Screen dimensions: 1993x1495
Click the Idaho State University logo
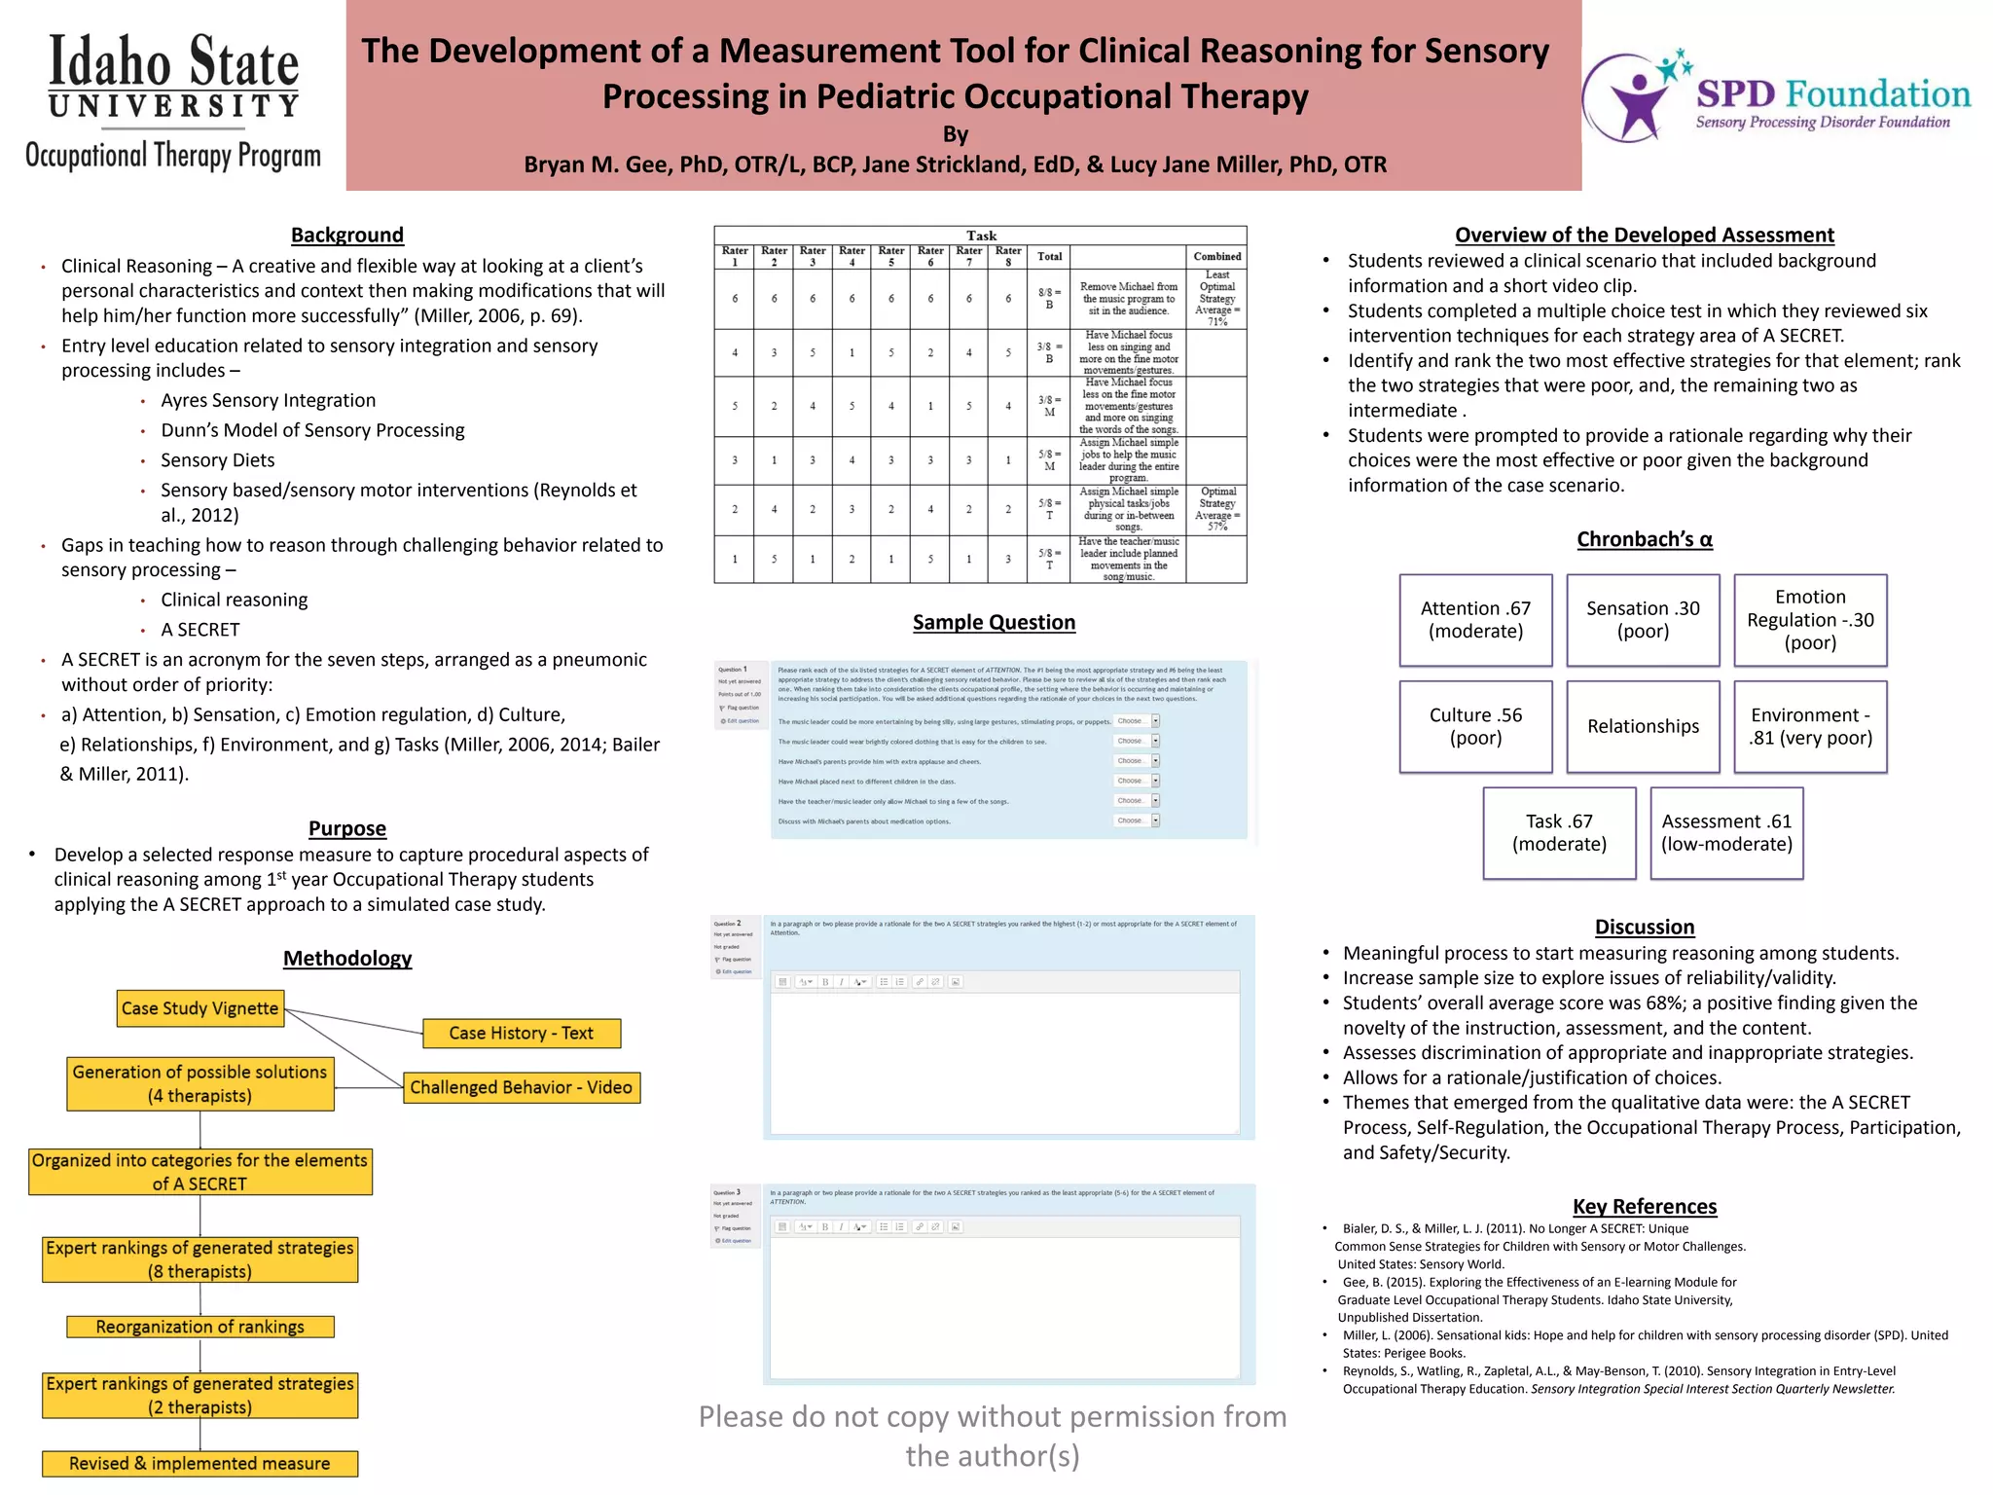[173, 101]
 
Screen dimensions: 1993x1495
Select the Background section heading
[346, 235]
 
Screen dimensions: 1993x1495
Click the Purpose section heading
[346, 828]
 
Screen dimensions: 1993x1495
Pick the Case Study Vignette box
[200, 1008]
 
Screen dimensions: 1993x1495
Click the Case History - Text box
[521, 1033]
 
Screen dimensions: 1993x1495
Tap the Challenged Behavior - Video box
[521, 1087]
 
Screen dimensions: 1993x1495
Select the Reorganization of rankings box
[199, 1327]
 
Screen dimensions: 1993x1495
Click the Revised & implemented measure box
[199, 1463]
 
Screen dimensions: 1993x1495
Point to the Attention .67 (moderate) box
[1475, 620]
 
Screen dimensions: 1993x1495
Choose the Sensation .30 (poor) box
[1643, 620]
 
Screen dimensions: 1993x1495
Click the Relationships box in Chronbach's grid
[1643, 726]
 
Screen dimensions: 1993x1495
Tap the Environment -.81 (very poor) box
[1810, 726]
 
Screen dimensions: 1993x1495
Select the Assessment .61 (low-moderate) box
[1726, 833]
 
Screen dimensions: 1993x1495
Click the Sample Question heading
[994, 622]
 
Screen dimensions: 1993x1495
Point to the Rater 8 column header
[1008, 256]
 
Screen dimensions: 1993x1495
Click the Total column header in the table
[1049, 257]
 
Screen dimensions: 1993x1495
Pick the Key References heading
[1645, 1206]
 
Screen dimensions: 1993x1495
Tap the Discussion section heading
[1645, 927]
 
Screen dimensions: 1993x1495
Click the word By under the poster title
[955, 134]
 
